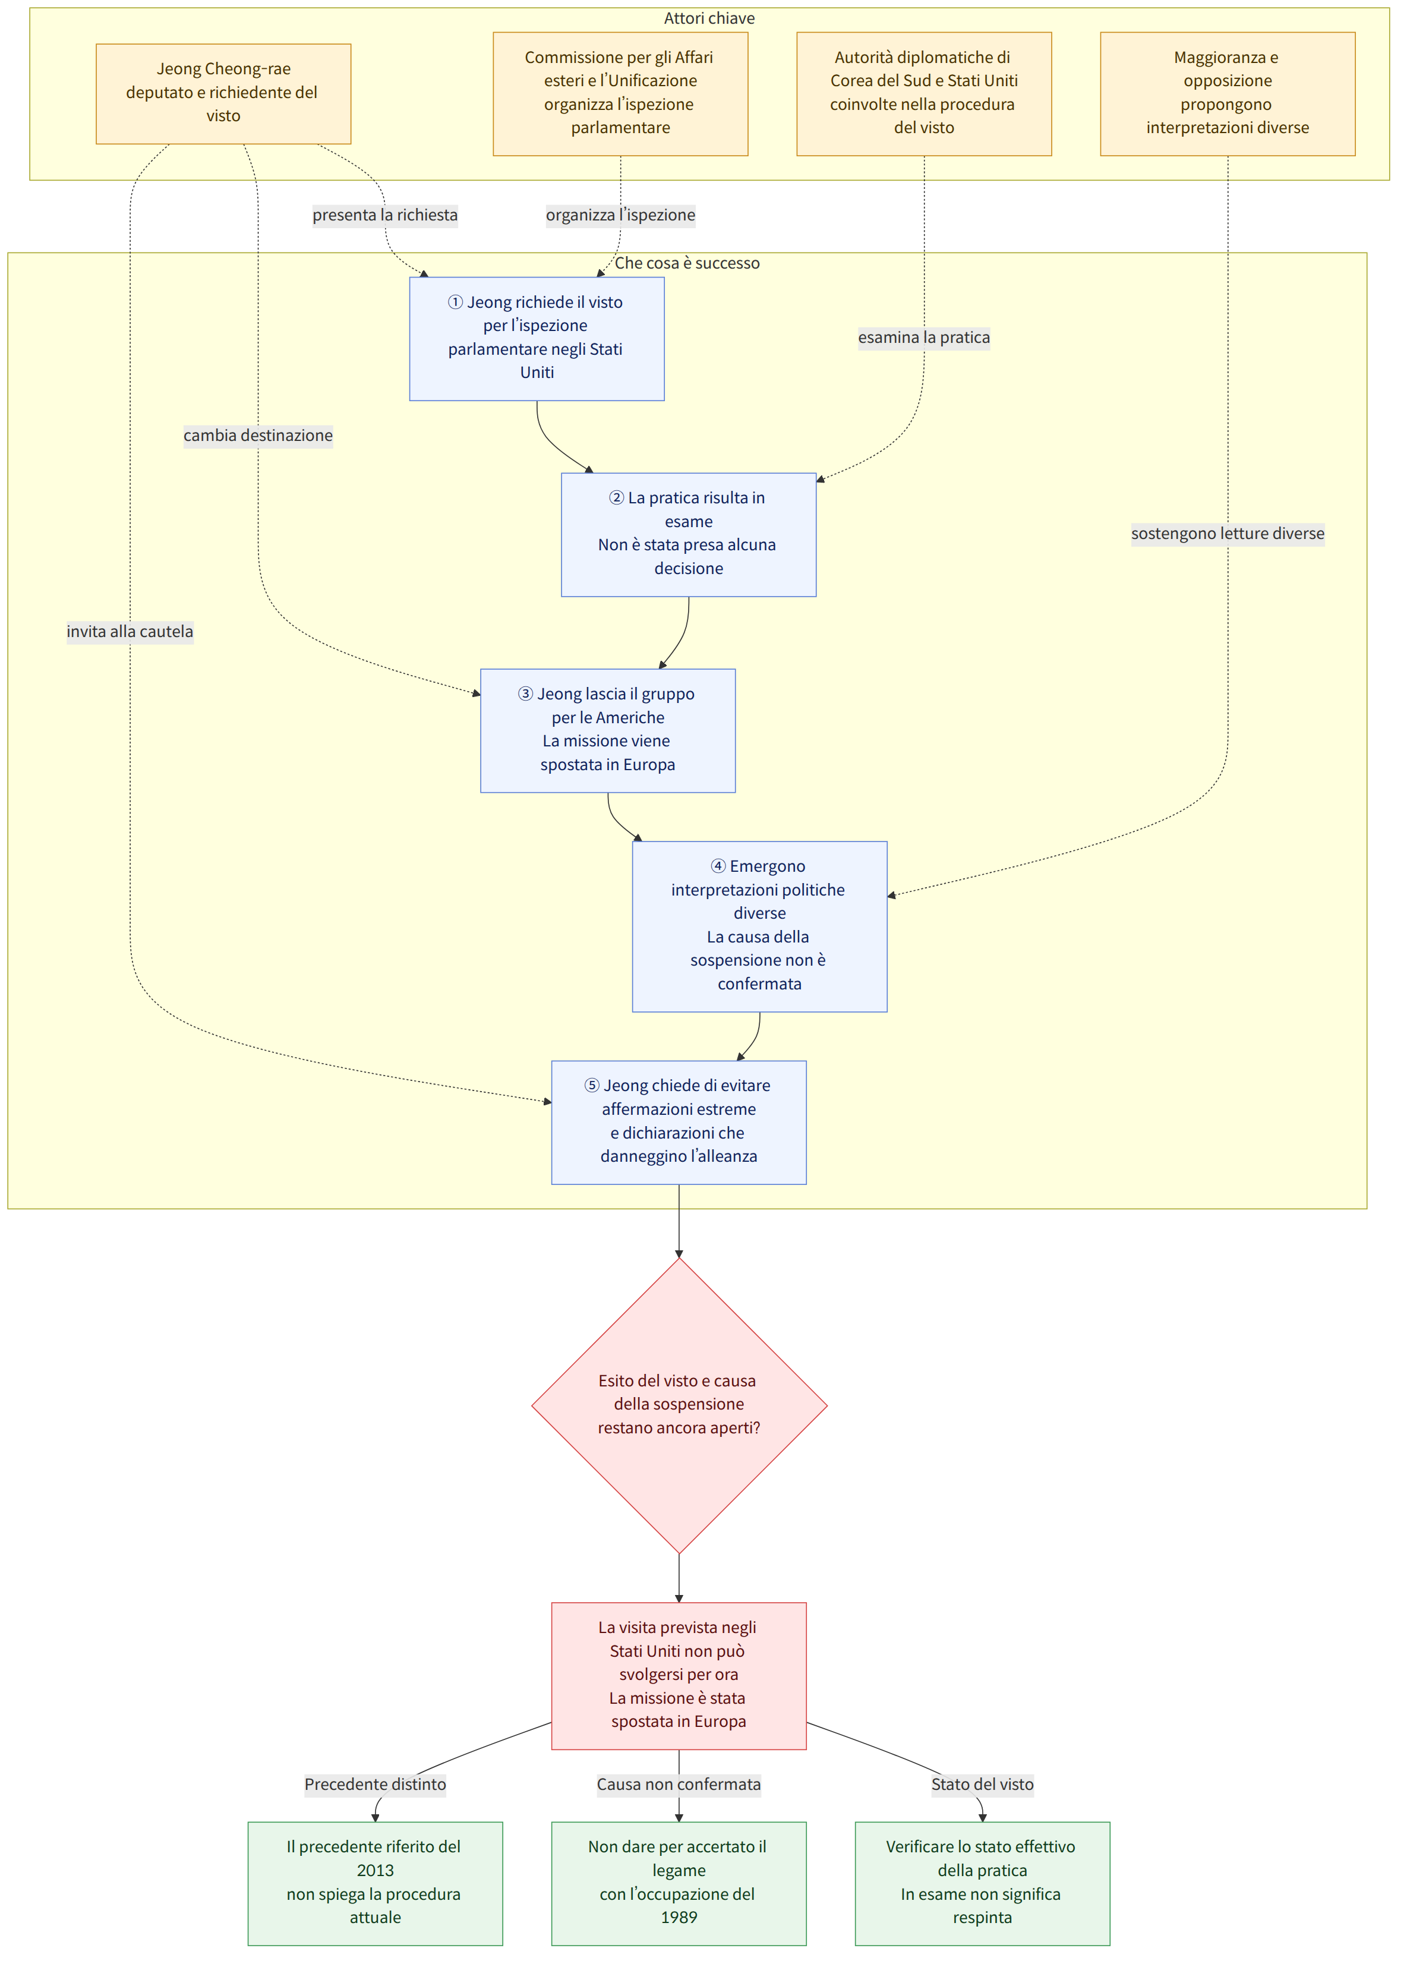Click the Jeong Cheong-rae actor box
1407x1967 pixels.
tap(223, 93)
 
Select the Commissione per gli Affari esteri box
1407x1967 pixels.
tap(620, 93)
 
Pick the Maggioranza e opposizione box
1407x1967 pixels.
tap(1228, 93)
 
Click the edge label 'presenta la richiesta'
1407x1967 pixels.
tap(384, 215)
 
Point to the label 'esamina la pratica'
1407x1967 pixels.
tap(923, 337)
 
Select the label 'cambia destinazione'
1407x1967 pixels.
tap(258, 435)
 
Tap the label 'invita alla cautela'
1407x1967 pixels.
tap(130, 631)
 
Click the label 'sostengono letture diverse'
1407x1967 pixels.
tap(1228, 533)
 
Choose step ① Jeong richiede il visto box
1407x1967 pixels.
tap(537, 339)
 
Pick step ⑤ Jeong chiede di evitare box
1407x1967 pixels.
tap(679, 1122)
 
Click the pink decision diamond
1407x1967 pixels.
tap(679, 1405)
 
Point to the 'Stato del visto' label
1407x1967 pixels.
tap(983, 1784)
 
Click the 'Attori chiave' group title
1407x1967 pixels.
tap(709, 18)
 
